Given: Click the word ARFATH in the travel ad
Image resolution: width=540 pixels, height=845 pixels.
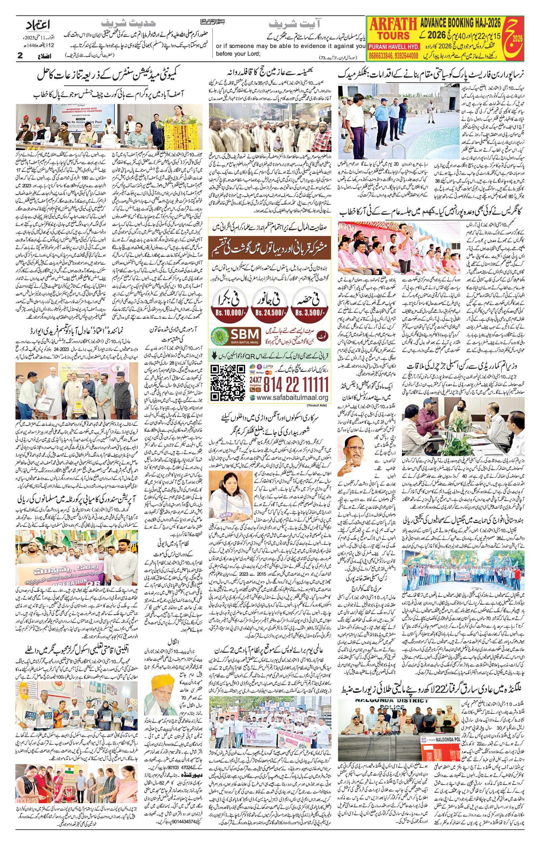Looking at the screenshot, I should [x=393, y=24].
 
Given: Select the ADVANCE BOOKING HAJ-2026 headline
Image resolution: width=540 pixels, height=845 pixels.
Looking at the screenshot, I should [x=461, y=23].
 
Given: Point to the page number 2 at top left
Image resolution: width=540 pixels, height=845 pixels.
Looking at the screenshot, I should [x=20, y=55].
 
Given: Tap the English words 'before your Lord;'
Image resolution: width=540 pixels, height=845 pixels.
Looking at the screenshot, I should [x=238, y=54].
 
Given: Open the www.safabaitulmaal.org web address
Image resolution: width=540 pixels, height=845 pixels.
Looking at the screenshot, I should [x=292, y=398].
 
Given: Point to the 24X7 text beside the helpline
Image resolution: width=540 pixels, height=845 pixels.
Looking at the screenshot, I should [x=255, y=380].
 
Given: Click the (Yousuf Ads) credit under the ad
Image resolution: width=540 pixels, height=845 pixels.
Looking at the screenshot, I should [x=317, y=405].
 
